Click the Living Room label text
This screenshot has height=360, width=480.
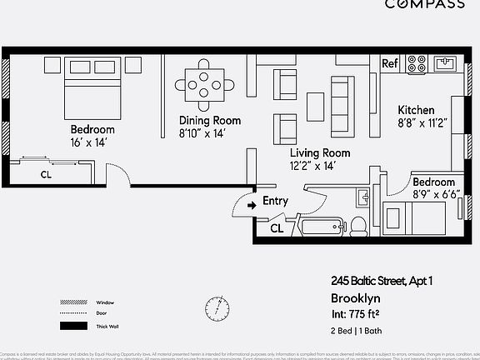(319, 153)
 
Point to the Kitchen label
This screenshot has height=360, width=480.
(415, 111)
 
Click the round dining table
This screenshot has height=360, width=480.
(204, 83)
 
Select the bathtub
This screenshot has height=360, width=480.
(321, 226)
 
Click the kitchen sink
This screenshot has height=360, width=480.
(445, 63)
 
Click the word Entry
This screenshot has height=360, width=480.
(275, 201)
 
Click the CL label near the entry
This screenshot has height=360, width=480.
(277, 228)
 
